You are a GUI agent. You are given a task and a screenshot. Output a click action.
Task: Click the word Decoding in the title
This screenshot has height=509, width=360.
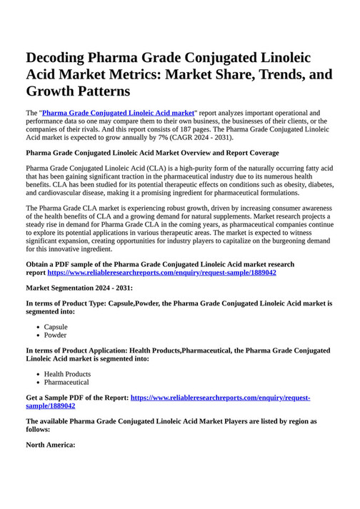60,58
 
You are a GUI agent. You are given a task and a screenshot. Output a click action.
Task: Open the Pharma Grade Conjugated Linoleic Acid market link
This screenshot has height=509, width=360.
119,113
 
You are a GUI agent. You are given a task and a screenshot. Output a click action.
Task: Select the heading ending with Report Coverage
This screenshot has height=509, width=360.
152,153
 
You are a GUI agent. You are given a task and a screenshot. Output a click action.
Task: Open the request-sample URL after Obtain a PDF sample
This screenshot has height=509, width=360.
162,273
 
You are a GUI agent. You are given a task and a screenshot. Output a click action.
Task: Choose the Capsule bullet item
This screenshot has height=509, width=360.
56,327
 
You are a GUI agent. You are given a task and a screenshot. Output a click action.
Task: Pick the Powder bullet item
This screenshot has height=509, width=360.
55,335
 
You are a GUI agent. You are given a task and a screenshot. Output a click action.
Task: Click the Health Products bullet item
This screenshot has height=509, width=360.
67,374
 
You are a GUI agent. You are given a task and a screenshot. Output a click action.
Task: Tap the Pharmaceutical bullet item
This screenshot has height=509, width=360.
66,382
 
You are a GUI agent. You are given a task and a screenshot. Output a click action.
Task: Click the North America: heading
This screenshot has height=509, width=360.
51,444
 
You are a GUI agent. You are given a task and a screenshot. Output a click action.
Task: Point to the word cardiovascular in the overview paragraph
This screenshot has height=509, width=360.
63,193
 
